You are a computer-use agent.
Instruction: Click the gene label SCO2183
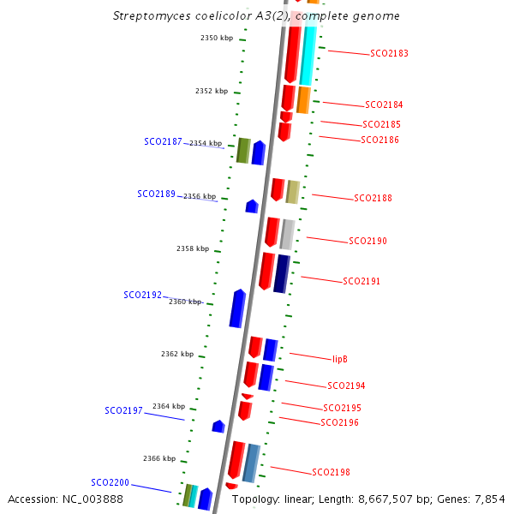tap(389, 53)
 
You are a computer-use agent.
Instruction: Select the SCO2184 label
tap(384, 105)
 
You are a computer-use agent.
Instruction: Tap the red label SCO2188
tap(373, 199)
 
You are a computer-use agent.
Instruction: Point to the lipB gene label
tap(339, 359)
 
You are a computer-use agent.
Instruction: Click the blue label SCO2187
tap(163, 142)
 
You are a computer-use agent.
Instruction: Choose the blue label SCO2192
tap(142, 296)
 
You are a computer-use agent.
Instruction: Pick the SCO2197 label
tap(123, 411)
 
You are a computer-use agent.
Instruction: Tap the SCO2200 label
tap(110, 483)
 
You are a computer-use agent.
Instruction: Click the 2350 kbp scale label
tap(217, 39)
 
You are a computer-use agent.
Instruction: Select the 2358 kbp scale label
tap(193, 249)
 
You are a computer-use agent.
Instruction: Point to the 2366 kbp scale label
tap(159, 459)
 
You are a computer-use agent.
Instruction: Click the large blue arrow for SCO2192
tap(237, 308)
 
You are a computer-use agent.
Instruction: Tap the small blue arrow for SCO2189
tap(252, 206)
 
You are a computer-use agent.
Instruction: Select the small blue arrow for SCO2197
tap(218, 426)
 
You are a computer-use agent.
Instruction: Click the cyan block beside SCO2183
tap(308, 56)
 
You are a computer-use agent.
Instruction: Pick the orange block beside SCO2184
tap(303, 99)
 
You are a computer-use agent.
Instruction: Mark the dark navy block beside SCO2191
tap(282, 273)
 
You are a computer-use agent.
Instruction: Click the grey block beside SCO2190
tap(288, 234)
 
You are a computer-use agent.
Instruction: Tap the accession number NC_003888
tap(93, 499)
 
